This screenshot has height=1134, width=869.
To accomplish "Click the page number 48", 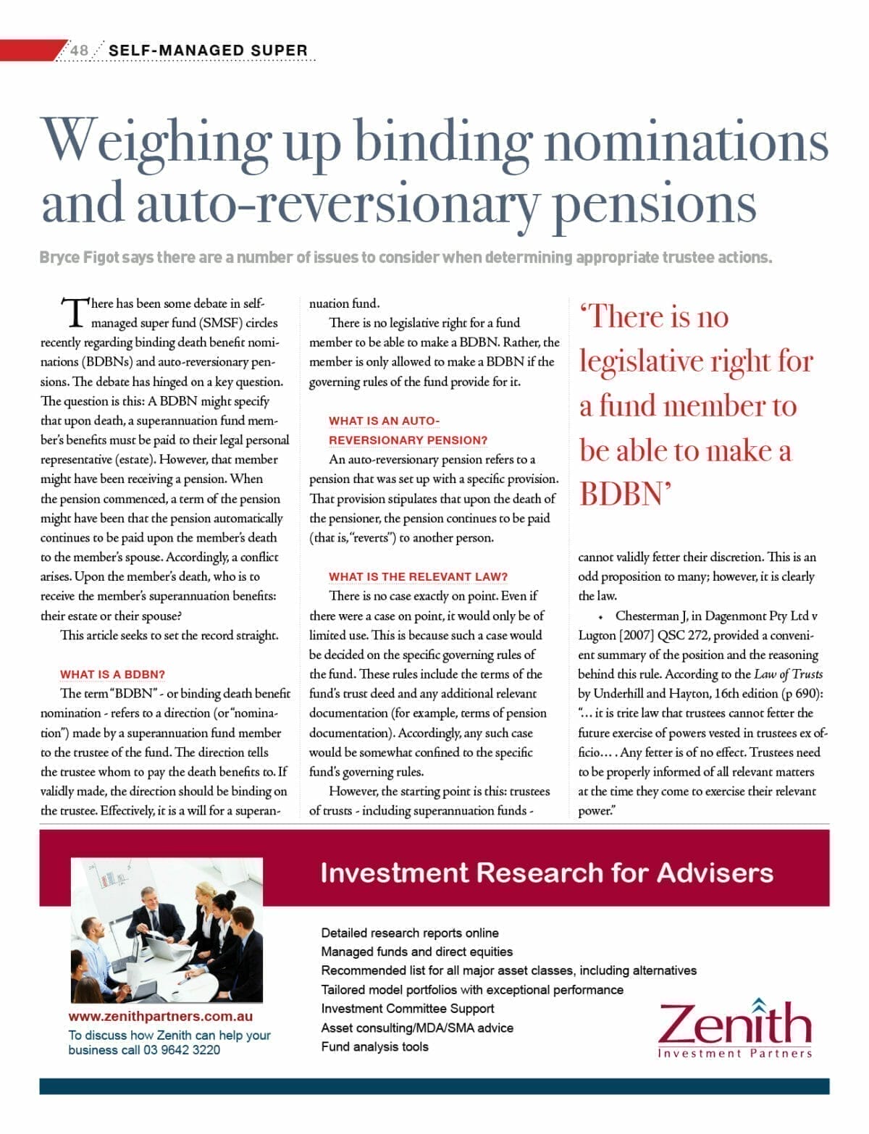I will pos(79,50).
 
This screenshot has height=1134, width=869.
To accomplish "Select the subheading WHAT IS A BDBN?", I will pos(112,674).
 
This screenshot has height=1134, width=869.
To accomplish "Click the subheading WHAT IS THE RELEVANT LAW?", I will pos(418,576).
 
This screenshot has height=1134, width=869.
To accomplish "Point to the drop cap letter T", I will pos(75,313).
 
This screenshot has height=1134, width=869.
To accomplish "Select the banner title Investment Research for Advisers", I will pos(546,873).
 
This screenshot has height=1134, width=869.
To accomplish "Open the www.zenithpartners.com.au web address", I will pos(160,1017).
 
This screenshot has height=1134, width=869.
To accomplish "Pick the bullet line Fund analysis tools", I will pos(374,1046).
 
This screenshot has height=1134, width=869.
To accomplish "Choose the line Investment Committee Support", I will pos(407,1009).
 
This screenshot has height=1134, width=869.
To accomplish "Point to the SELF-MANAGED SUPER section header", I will pos(208,50).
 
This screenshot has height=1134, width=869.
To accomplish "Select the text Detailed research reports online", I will pos(409,933).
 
